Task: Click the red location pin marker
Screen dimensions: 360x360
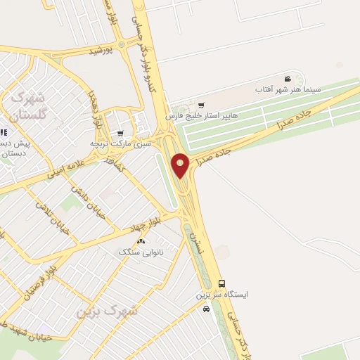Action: click(181, 165)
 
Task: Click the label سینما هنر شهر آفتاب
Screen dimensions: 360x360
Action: click(288, 89)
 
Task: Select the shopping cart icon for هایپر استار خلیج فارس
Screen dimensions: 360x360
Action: click(202, 104)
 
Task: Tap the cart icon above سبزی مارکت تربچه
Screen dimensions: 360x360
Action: click(120, 133)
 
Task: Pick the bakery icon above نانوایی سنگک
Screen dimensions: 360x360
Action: click(143, 240)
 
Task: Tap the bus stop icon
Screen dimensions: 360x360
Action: click(222, 283)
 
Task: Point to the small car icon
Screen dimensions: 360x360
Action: click(205, 309)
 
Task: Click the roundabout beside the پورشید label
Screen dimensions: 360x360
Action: click(122, 44)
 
